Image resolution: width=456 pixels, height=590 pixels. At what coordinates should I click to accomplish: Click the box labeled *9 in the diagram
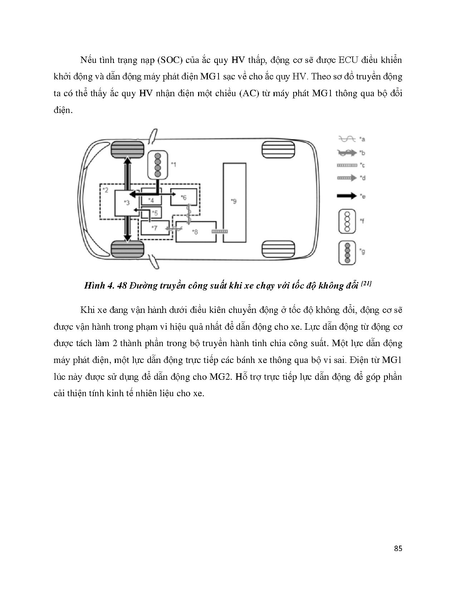235,202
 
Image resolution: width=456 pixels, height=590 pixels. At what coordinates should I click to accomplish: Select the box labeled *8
196,232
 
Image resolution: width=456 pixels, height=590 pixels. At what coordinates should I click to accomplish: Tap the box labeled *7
155,228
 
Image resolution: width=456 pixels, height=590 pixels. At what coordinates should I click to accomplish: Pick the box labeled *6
183,197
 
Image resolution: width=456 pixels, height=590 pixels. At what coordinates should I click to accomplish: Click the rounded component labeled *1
158,164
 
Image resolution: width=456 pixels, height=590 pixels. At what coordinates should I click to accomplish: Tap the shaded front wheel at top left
127,149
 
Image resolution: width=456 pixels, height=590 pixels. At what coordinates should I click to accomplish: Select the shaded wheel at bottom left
127,249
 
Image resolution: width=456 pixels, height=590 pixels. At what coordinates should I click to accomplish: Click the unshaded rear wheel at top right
279,149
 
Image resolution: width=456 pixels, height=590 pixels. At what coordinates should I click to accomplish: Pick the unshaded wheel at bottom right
279,249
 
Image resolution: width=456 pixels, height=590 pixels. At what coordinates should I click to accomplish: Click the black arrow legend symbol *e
347,196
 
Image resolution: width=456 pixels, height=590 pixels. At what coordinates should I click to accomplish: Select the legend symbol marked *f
347,221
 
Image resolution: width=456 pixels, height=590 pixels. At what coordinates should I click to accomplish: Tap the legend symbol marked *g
347,252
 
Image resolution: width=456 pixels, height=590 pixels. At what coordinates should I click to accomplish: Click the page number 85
398,549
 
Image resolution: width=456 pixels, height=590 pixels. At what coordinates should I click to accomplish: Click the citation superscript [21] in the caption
367,284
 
